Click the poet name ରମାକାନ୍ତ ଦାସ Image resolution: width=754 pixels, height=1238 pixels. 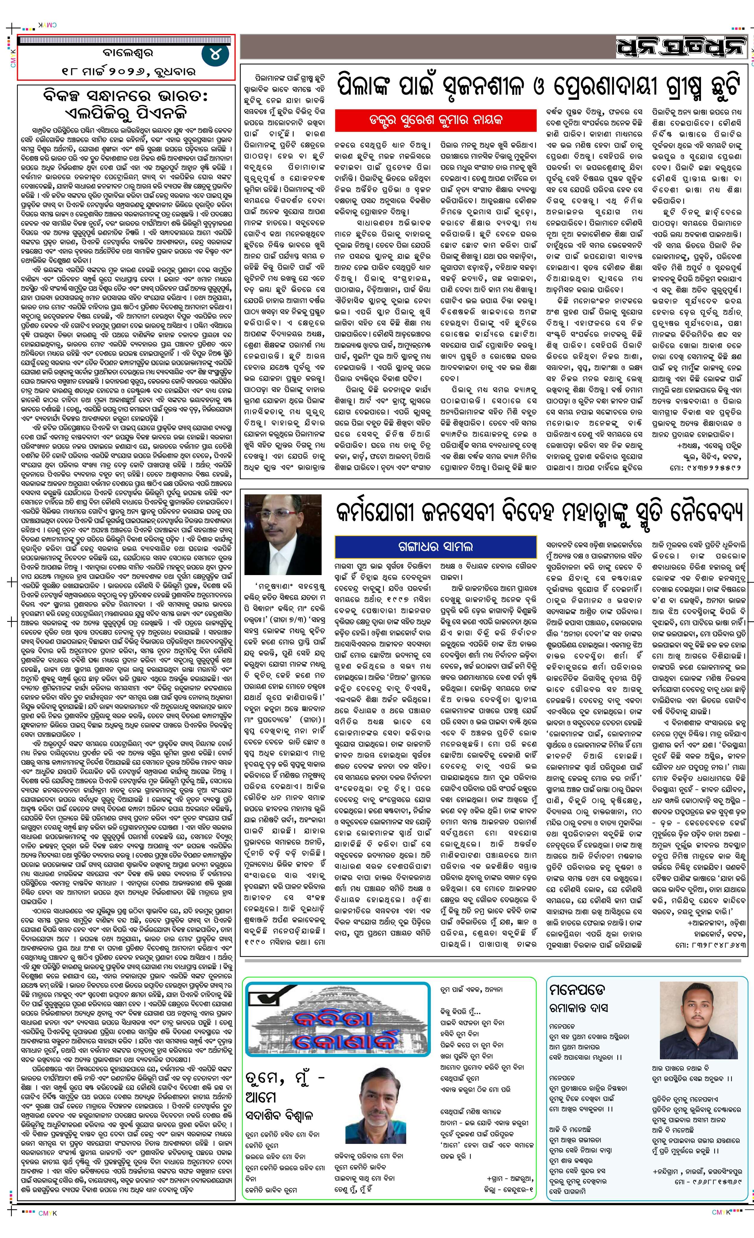tap(578, 1008)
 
